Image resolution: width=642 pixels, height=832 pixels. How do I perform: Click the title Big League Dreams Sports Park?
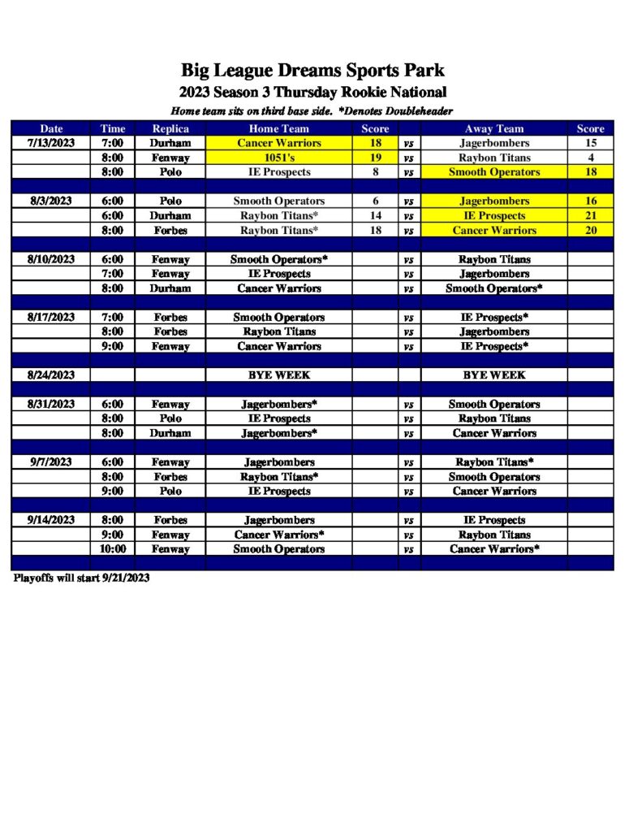(312, 71)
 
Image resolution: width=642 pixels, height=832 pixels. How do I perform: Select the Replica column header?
(170, 128)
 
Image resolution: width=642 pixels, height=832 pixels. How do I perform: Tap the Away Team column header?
(494, 128)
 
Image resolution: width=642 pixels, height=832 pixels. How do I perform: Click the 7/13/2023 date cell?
(51, 143)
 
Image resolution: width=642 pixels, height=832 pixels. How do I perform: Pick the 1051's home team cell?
(278, 158)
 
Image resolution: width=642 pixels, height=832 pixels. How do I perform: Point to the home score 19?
(375, 158)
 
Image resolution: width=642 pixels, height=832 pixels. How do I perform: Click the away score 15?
(590, 143)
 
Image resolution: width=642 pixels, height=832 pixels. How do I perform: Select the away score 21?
(590, 216)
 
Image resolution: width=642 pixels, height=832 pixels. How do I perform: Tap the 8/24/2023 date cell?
(51, 375)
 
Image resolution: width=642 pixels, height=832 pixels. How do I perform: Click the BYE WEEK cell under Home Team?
(278, 375)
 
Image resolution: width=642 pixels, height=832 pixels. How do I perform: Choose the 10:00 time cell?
(113, 549)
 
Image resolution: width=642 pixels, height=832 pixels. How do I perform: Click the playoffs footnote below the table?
(81, 578)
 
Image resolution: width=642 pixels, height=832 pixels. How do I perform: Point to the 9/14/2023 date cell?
(51, 520)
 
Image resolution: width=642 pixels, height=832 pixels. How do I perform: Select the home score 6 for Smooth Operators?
(375, 201)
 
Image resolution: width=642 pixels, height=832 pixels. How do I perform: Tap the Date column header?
(51, 128)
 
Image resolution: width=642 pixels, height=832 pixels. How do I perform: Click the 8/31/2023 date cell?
(51, 404)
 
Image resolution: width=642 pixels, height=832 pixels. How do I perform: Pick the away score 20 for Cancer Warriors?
(590, 231)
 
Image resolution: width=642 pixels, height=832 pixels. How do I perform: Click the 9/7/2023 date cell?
(51, 462)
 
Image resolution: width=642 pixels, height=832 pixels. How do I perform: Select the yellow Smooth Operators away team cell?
(494, 172)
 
